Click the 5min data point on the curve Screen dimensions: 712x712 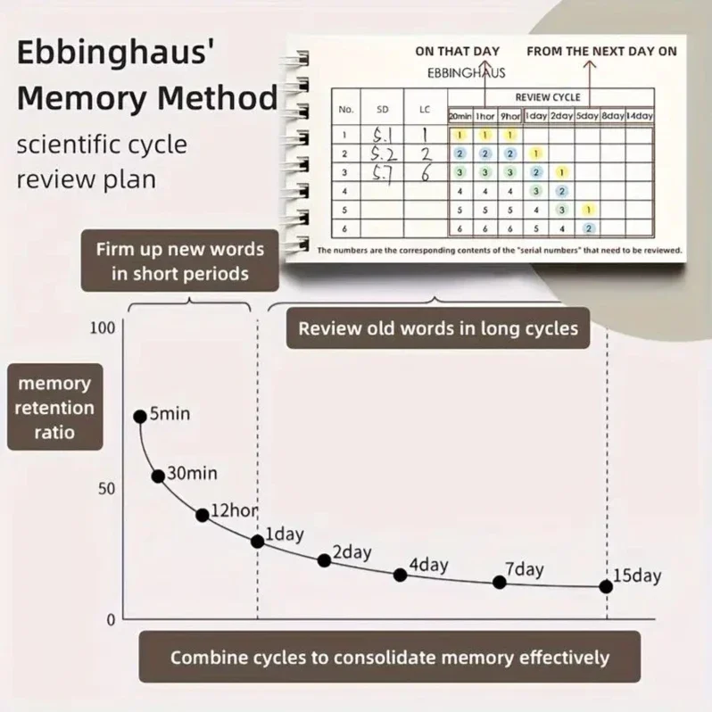(x=140, y=417)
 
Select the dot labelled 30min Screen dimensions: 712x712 (x=158, y=476)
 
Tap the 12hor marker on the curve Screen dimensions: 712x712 (x=203, y=515)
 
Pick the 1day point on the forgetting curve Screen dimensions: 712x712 (x=257, y=542)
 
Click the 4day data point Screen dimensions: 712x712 (x=401, y=575)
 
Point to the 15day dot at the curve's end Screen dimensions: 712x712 (x=607, y=586)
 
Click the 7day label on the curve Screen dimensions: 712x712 (x=525, y=569)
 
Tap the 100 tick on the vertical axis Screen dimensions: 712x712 (x=103, y=327)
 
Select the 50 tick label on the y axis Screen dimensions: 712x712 (x=107, y=489)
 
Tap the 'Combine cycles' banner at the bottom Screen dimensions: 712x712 (x=389, y=658)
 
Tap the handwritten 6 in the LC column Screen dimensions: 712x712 (x=426, y=173)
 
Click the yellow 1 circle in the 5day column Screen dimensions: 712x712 (x=587, y=210)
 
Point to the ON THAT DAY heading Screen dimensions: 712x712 (x=458, y=51)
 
